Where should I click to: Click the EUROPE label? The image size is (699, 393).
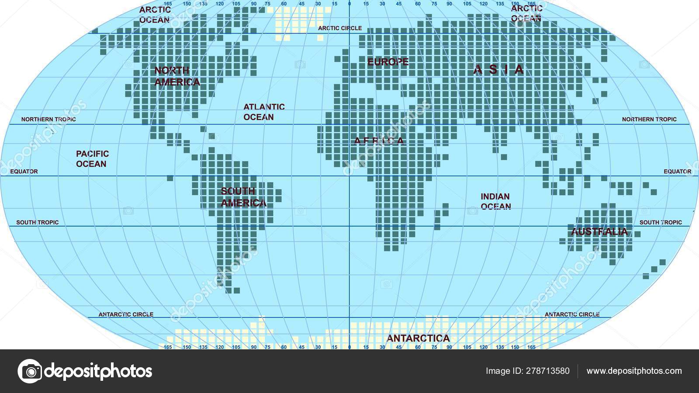[388, 62]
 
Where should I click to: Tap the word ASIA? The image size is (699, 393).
[498, 69]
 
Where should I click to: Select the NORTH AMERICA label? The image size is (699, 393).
[177, 76]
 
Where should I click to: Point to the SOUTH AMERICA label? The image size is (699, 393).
[243, 197]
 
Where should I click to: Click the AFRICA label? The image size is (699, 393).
[379, 141]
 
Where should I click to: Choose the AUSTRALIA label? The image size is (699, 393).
[599, 231]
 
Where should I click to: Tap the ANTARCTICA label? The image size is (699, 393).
[418, 338]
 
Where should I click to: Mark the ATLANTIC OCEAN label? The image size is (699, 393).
[264, 112]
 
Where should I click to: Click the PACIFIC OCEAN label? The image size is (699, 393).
[92, 159]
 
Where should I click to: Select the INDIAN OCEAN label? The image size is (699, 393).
[495, 201]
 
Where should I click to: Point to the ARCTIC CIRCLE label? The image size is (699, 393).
[340, 28]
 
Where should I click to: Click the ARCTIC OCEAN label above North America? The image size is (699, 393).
[155, 14]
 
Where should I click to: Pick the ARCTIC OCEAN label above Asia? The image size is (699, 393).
[526, 13]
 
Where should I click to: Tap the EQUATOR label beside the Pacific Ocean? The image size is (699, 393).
[24, 172]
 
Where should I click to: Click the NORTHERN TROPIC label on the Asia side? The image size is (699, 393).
[649, 119]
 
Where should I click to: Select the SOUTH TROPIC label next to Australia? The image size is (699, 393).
[661, 222]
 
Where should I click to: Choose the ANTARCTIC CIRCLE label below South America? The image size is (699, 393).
[126, 314]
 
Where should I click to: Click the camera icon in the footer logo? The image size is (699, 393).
[30, 371]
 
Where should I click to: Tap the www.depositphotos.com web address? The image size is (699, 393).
[634, 371]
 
